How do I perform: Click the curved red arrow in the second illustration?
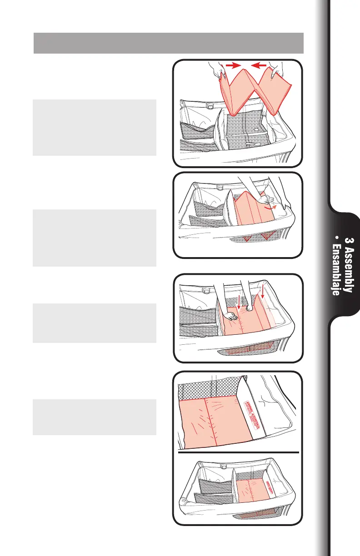pyautogui.click(x=272, y=205)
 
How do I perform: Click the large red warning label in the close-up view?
pyautogui.click(x=251, y=413)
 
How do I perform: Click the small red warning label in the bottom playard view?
pyautogui.click(x=273, y=482)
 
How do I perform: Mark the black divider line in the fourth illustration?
pyautogui.click(x=238, y=452)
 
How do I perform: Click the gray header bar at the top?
pyautogui.click(x=169, y=43)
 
